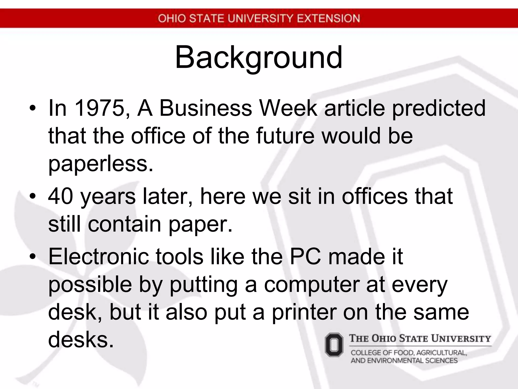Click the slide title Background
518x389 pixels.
(x=258, y=58)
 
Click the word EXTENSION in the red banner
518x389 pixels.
(x=328, y=18)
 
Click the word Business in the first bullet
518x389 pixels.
(x=206, y=108)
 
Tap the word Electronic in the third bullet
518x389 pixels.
(x=99, y=257)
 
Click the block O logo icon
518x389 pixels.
(x=334, y=345)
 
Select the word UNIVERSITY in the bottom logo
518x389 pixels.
(x=461, y=339)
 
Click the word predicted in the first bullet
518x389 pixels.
(x=439, y=108)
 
